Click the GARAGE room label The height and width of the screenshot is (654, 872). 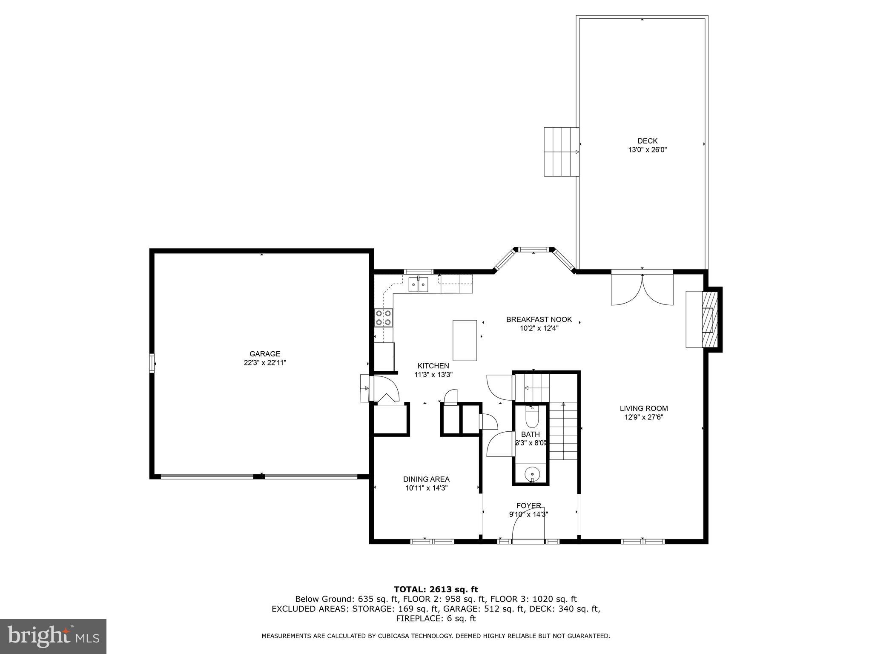[264, 354]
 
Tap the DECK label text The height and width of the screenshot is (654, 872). [647, 141]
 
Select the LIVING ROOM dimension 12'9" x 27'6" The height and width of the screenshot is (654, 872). [643, 417]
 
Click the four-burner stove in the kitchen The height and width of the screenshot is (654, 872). [383, 318]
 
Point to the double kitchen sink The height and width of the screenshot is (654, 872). [419, 284]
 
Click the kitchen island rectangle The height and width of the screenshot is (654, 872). [465, 340]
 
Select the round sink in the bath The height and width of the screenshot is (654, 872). [532, 473]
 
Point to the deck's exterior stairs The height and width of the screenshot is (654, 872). [561, 152]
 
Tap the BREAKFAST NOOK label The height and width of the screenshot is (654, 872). [539, 319]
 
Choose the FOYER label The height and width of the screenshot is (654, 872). [528, 505]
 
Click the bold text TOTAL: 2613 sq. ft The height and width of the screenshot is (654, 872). [436, 589]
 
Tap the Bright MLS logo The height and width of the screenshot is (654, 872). [53, 637]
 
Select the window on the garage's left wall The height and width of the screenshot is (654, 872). [152, 363]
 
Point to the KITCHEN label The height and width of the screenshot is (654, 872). [433, 366]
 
